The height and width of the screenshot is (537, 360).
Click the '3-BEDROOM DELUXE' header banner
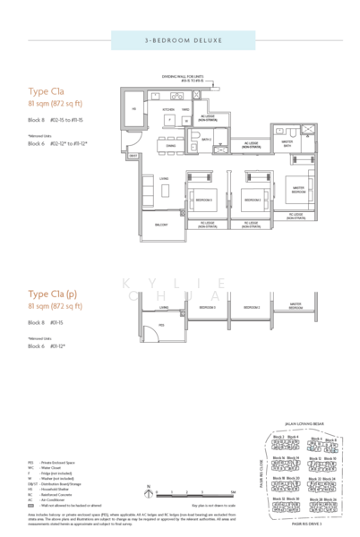179,42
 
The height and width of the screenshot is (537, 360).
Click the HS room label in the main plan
133,109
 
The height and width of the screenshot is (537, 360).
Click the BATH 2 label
205,140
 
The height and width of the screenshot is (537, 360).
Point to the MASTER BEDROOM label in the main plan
296,190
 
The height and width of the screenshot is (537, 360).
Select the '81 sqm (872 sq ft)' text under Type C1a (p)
56,307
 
